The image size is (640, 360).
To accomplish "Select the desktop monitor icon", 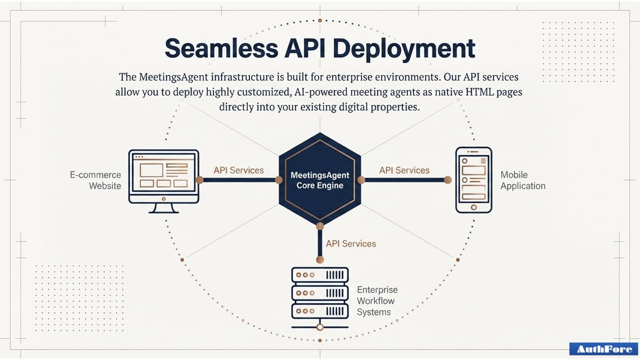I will (x=163, y=176).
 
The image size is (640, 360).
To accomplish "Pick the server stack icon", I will (x=320, y=295).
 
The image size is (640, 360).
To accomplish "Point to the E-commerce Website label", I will (x=95, y=180).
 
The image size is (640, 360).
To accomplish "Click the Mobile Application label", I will (x=522, y=180).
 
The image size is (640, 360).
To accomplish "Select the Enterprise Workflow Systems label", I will (x=377, y=301).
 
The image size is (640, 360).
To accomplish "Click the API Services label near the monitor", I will (x=238, y=170).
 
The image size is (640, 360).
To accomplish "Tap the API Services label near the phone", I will (x=404, y=170).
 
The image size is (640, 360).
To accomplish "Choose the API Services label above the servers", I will (x=350, y=244).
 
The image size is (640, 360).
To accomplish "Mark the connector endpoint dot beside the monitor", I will (x=199, y=180).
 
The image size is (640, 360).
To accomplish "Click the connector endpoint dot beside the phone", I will (x=447, y=180).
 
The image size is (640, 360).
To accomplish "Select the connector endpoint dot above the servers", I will (x=320, y=259).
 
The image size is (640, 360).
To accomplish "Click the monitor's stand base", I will (x=164, y=210).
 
